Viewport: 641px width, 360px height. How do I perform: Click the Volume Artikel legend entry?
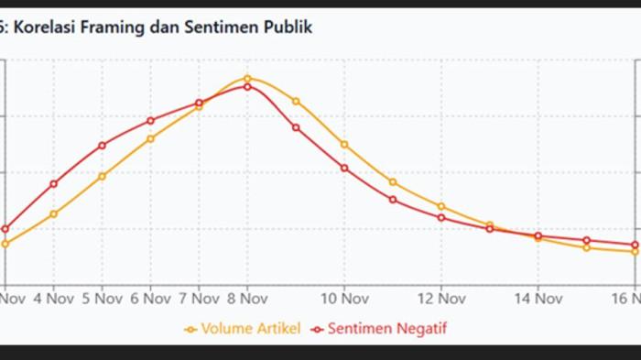pyautogui.click(x=250, y=328)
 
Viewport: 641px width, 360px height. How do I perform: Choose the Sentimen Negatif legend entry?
pyautogui.click(x=387, y=328)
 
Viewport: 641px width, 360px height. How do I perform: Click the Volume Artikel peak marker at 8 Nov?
pyautogui.click(x=248, y=79)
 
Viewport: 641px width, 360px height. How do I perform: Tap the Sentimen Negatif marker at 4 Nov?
pyautogui.click(x=54, y=183)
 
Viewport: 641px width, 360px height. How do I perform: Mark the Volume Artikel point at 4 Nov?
pyautogui.click(x=54, y=214)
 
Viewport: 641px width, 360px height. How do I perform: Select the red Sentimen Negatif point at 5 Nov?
pyautogui.click(x=103, y=145)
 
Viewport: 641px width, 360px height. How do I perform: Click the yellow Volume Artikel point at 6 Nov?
pyautogui.click(x=151, y=138)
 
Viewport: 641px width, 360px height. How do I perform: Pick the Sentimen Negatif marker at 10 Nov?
pyautogui.click(x=344, y=168)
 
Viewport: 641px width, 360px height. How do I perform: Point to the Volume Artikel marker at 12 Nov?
pyautogui.click(x=441, y=206)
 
